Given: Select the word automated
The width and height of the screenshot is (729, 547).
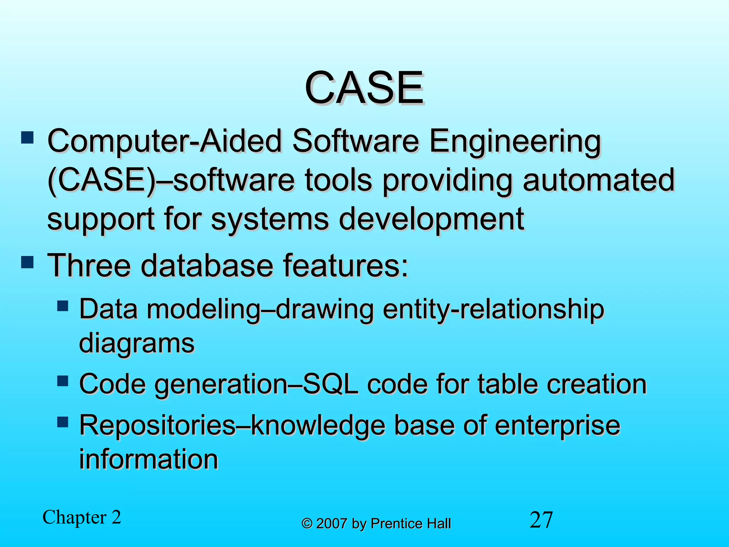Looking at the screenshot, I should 599,180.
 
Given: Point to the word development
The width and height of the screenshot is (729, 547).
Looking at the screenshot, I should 431,219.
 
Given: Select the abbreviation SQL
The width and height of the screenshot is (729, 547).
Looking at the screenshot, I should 330,384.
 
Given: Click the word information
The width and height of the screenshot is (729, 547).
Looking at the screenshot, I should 148,459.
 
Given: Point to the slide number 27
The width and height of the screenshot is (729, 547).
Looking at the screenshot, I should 541,520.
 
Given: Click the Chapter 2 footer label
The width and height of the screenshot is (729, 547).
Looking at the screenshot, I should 82,517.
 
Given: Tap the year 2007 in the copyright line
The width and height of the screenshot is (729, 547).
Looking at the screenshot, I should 332,524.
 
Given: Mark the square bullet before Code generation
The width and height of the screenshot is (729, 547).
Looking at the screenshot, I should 63,381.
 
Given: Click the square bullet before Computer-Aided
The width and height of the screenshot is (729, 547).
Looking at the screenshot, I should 27,137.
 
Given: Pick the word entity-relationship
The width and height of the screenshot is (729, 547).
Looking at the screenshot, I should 493,309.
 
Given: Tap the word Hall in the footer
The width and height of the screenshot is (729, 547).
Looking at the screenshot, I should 439,524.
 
